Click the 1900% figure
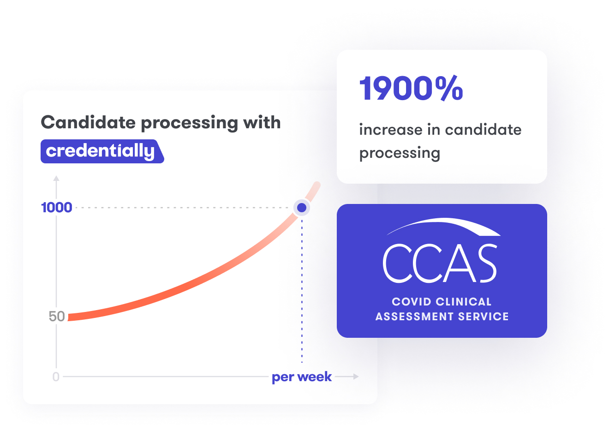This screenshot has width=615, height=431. pos(411,88)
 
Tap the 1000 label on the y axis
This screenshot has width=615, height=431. pos(57,208)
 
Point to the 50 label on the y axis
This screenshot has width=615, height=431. pos(57,316)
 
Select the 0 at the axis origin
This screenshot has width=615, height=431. pos(56,377)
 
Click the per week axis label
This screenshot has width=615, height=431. pos(301,377)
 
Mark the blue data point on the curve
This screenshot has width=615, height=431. pos(302,208)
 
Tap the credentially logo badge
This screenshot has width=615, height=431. pos(102,151)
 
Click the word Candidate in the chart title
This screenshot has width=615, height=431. pos(88,122)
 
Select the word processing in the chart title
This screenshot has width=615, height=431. pos(190,123)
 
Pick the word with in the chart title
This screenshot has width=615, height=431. pos(262,122)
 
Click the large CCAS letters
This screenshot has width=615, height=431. pos(440,263)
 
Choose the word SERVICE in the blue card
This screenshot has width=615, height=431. pos(483,317)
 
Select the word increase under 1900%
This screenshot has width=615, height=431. pos(391,129)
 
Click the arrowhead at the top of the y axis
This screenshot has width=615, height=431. pos(56,178)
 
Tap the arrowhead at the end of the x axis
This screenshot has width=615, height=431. pos(356,377)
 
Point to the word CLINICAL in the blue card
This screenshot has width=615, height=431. pos(464,302)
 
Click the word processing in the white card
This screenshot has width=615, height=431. pos(400,153)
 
